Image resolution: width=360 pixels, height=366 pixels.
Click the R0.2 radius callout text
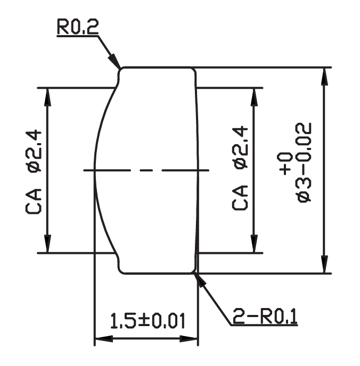[78, 27]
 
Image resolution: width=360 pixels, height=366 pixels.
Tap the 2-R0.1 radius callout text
[265, 316]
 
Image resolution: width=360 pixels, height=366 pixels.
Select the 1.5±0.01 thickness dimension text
[148, 321]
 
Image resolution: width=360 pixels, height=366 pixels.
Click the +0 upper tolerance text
[285, 164]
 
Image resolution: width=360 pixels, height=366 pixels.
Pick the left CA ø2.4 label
[34, 172]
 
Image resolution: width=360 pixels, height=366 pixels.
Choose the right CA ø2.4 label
[240, 168]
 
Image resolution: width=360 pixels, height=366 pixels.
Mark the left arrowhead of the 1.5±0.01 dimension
[104, 339]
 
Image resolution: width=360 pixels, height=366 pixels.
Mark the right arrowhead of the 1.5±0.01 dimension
[189, 339]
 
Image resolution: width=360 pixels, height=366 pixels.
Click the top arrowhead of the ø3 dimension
[324, 77]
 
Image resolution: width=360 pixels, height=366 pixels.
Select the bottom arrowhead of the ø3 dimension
[324, 264]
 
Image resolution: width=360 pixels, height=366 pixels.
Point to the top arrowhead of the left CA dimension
[47, 97]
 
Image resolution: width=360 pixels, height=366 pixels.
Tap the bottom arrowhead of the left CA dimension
[47, 244]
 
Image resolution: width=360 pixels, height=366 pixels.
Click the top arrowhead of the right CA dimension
[254, 97]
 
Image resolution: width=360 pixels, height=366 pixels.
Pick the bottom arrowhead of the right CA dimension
[254, 244]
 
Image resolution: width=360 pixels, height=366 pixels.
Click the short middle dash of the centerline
[146, 170]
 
